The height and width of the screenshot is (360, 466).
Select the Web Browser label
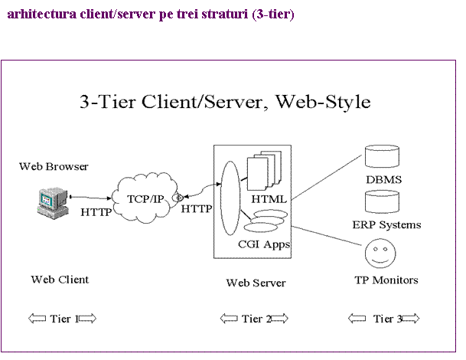(x=54, y=166)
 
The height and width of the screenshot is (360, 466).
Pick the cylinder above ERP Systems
(x=383, y=201)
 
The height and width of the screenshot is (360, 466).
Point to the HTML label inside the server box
(x=269, y=198)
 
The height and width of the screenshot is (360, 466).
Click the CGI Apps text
(x=264, y=245)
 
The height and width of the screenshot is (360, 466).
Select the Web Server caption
(x=256, y=283)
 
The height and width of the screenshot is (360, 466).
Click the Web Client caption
(x=60, y=280)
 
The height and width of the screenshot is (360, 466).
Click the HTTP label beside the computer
(x=96, y=212)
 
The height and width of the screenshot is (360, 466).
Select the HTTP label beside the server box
(x=197, y=208)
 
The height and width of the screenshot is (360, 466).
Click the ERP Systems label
(x=386, y=225)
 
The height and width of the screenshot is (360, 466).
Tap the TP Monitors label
(x=386, y=280)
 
